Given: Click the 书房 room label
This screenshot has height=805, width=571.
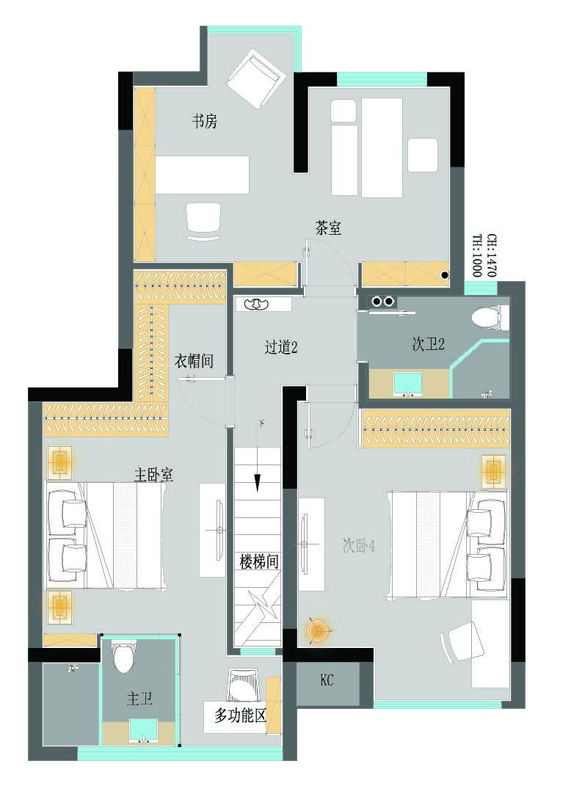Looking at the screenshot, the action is point(204,122).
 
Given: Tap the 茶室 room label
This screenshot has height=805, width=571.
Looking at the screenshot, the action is point(328,227).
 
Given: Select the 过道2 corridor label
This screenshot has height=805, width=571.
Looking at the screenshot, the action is point(281,348).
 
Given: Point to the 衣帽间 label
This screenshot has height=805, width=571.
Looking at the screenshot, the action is point(194,361).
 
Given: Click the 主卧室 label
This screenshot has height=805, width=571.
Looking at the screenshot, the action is point(153,474).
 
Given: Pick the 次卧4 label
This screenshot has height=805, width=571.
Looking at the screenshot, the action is point(359,546).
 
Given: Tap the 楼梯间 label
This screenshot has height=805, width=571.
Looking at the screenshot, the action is point(259,561).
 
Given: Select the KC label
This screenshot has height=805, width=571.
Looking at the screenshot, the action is point(327,681).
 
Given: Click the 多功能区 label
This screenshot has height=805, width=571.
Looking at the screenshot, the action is point(240,715).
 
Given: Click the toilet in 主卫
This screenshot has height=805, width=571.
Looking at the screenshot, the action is point(123,655).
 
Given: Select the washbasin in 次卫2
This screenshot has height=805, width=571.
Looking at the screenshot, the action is point(408,385).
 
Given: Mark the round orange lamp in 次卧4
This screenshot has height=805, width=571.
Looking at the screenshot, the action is point(316,630).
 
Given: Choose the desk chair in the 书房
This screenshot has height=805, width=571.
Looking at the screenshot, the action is point(204,222).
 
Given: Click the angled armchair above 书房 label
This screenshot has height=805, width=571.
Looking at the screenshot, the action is point(255,79).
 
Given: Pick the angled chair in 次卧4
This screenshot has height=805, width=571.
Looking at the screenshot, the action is point(462,642).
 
